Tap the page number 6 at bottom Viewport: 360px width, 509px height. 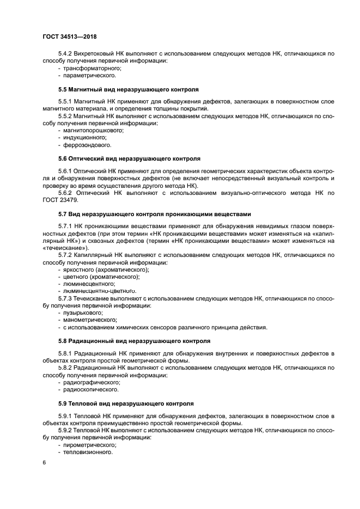click(x=44, y=462)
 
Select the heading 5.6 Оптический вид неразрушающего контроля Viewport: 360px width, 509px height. click(x=129, y=158)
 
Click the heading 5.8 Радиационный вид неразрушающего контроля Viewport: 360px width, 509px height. click(x=133, y=341)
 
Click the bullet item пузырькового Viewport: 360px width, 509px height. click(x=82, y=313)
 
